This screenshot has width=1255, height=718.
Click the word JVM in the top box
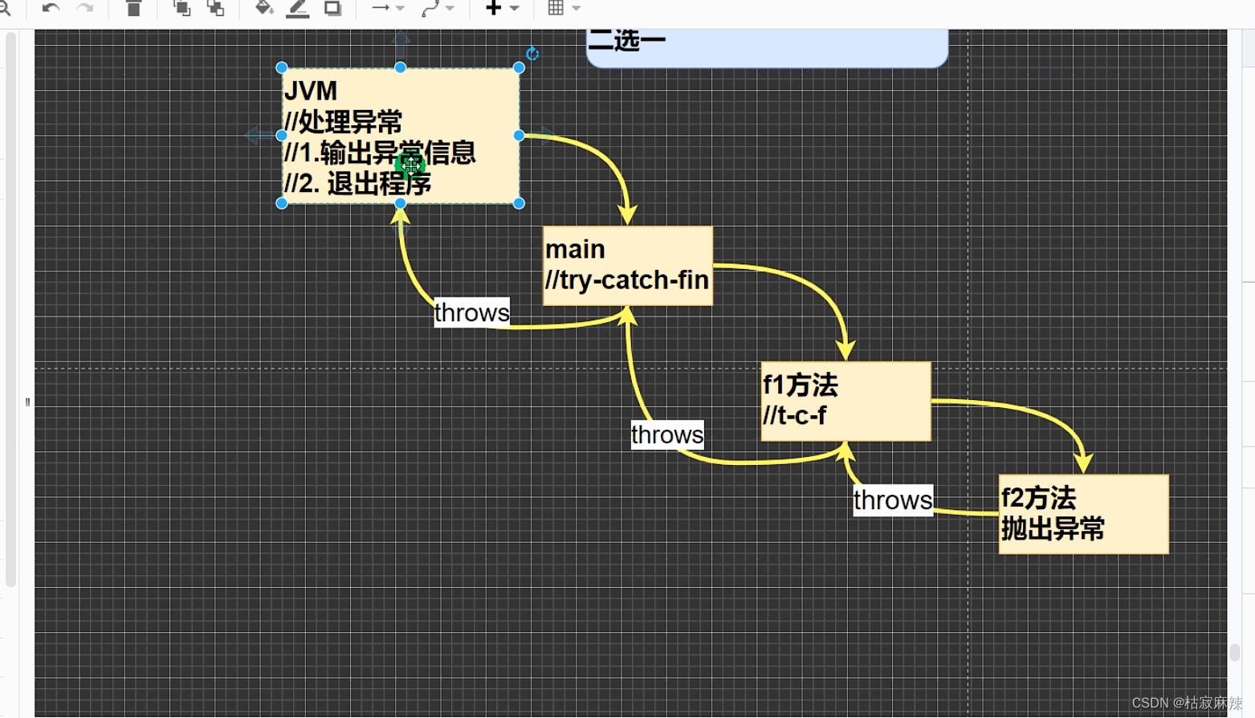click(x=311, y=92)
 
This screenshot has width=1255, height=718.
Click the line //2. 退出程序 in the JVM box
click(x=357, y=184)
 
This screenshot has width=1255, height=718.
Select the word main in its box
click(x=575, y=250)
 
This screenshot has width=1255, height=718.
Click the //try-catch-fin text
click(x=626, y=280)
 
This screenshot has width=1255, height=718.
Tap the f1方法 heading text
click(x=800, y=386)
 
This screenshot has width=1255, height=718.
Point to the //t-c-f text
click(x=794, y=416)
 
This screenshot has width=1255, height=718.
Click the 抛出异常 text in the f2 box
click(x=1053, y=529)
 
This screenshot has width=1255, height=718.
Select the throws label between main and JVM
click(x=471, y=312)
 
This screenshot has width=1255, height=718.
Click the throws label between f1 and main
click(x=666, y=434)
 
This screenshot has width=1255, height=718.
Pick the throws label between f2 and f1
click(x=892, y=500)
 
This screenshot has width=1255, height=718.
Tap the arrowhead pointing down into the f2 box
click(x=1084, y=463)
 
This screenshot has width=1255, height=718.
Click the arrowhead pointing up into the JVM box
click(x=400, y=214)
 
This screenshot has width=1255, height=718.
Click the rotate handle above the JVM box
click(x=532, y=54)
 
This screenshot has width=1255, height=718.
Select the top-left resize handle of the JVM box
click(x=282, y=68)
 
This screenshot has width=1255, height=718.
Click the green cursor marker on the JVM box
click(x=410, y=165)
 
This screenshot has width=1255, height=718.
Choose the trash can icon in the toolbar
click(x=134, y=9)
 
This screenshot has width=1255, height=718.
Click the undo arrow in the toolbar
click(x=51, y=9)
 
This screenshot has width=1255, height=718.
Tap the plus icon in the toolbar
click(x=493, y=9)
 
